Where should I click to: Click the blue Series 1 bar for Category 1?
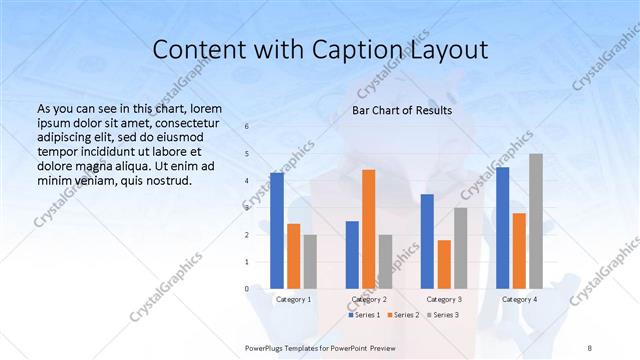(x=277, y=231)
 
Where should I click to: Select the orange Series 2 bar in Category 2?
(x=368, y=229)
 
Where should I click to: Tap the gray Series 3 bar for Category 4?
(x=535, y=221)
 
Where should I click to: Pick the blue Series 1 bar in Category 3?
(x=427, y=241)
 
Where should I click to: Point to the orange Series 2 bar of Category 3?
(x=444, y=264)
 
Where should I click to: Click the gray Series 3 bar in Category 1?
(x=310, y=262)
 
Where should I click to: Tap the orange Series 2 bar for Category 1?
(x=293, y=256)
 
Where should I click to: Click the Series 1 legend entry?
(x=364, y=315)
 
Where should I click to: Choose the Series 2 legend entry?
(x=404, y=315)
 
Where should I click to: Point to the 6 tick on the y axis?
(x=248, y=126)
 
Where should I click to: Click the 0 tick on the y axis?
(x=248, y=289)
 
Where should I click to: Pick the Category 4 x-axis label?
(x=519, y=299)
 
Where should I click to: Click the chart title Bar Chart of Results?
(x=402, y=110)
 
